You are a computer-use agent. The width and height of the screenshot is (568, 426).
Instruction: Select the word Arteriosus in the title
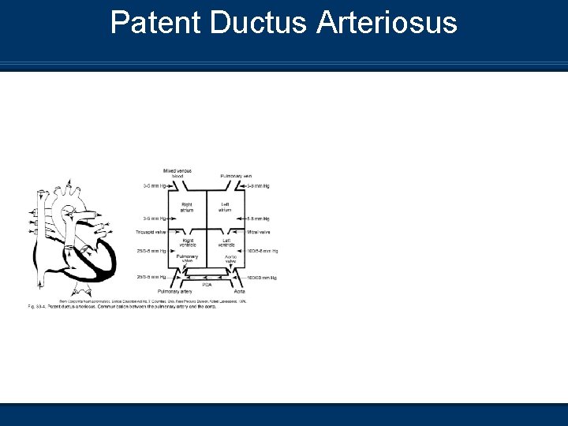(387, 23)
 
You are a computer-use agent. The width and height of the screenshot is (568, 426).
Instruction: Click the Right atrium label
(187, 207)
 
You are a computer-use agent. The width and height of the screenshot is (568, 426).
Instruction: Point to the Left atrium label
(225, 207)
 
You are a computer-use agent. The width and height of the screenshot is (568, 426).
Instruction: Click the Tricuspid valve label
(151, 232)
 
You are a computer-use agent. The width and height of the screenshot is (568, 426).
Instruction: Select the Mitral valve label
(259, 232)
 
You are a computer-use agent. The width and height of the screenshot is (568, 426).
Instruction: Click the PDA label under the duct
(207, 284)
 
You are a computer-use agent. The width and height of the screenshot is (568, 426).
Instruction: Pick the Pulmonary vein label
(236, 175)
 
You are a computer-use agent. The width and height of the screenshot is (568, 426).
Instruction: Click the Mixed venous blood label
(177, 173)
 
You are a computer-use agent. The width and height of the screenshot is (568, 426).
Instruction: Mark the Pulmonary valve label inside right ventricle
(188, 260)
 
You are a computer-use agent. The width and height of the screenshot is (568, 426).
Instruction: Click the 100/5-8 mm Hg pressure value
(262, 251)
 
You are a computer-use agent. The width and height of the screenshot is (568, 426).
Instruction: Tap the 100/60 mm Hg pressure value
(262, 277)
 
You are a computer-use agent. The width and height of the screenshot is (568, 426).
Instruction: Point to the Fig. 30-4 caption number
(36, 305)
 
